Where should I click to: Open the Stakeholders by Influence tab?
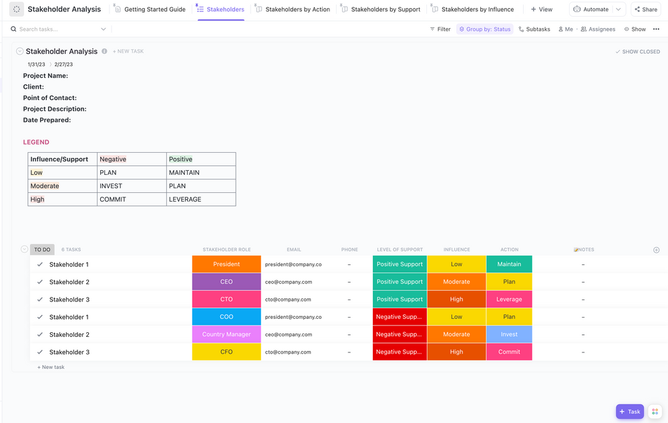pyautogui.click(x=477, y=9)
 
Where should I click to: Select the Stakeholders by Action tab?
pyautogui.click(x=297, y=9)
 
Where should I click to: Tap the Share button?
pyautogui.click(x=645, y=9)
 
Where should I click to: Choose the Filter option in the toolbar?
pyautogui.click(x=440, y=29)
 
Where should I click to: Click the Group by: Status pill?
pyautogui.click(x=485, y=29)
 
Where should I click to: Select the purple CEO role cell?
pyautogui.click(x=226, y=282)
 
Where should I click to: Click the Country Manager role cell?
pyautogui.click(x=226, y=334)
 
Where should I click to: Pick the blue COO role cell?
pyautogui.click(x=226, y=317)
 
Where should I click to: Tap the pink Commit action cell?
pyautogui.click(x=509, y=352)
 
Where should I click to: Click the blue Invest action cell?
pyautogui.click(x=509, y=334)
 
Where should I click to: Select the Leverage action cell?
pyautogui.click(x=509, y=300)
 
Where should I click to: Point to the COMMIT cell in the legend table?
pyautogui.click(x=113, y=199)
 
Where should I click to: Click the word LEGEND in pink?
pyautogui.click(x=36, y=142)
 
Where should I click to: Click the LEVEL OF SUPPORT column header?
pyautogui.click(x=399, y=250)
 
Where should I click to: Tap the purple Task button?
pyautogui.click(x=629, y=412)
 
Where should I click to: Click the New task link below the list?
pyautogui.click(x=51, y=367)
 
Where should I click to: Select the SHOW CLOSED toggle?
pyautogui.click(x=638, y=51)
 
